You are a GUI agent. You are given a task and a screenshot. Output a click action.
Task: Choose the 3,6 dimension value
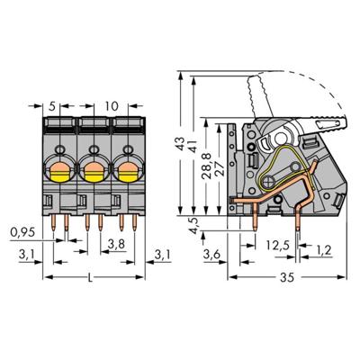(212, 256)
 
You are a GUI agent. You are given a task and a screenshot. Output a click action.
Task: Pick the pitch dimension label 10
(112, 105)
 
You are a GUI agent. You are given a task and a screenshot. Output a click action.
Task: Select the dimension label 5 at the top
(53, 105)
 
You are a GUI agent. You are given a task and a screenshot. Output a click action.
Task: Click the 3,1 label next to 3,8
(161, 256)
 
